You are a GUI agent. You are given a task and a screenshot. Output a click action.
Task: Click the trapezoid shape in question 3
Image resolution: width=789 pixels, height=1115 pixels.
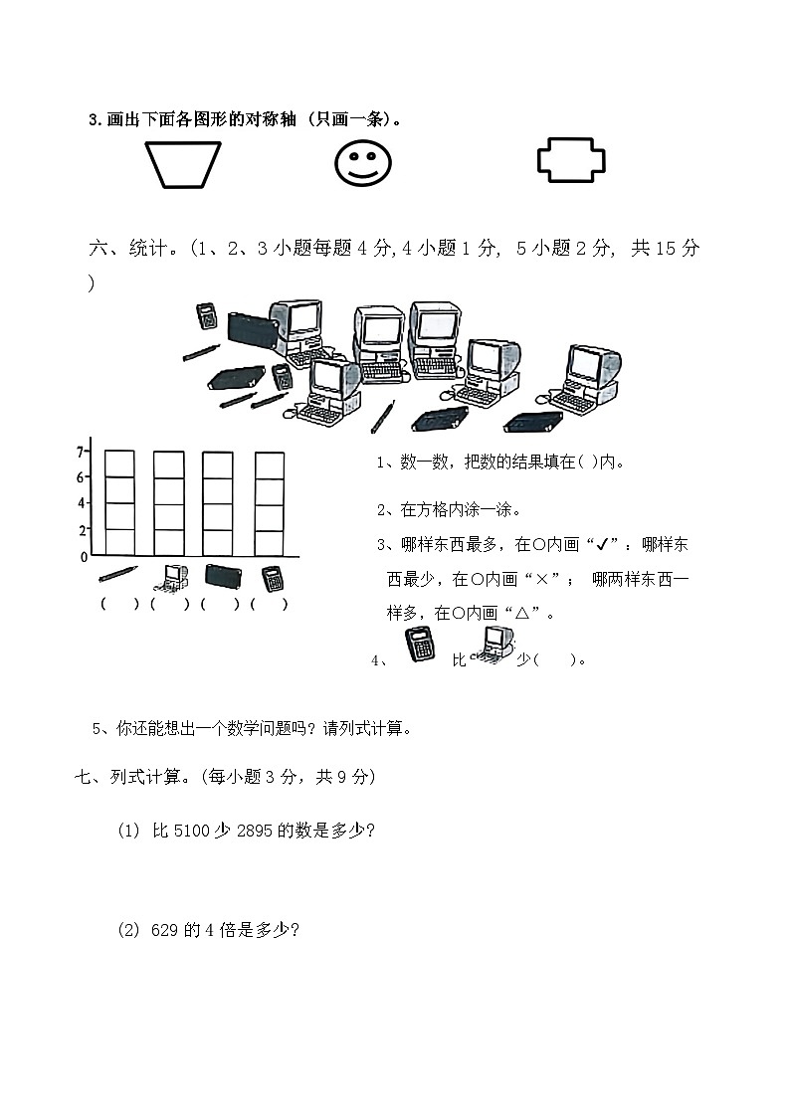(x=184, y=164)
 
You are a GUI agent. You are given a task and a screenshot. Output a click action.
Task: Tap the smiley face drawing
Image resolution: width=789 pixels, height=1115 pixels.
(x=362, y=163)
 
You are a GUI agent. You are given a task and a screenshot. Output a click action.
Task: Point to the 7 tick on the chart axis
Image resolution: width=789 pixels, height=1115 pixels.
(x=81, y=452)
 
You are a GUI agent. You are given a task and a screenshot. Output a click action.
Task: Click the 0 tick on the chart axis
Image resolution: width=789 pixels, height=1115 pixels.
(x=84, y=557)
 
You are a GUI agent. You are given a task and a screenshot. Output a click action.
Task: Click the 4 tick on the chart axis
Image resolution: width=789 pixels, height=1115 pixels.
(x=82, y=503)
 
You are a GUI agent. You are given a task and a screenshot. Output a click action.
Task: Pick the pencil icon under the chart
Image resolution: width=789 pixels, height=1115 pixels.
(x=118, y=574)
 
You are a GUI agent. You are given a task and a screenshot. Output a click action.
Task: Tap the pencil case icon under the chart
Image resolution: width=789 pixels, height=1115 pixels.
(x=222, y=575)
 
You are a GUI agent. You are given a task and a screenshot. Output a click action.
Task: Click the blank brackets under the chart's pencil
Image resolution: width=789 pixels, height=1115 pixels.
(x=119, y=604)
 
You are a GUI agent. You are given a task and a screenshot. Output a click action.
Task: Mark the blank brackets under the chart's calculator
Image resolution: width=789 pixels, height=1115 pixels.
(x=270, y=604)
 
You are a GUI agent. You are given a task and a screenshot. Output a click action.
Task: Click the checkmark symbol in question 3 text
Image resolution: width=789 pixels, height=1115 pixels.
(x=599, y=545)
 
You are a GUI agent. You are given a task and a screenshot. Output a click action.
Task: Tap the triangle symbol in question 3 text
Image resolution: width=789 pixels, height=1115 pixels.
(x=520, y=613)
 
